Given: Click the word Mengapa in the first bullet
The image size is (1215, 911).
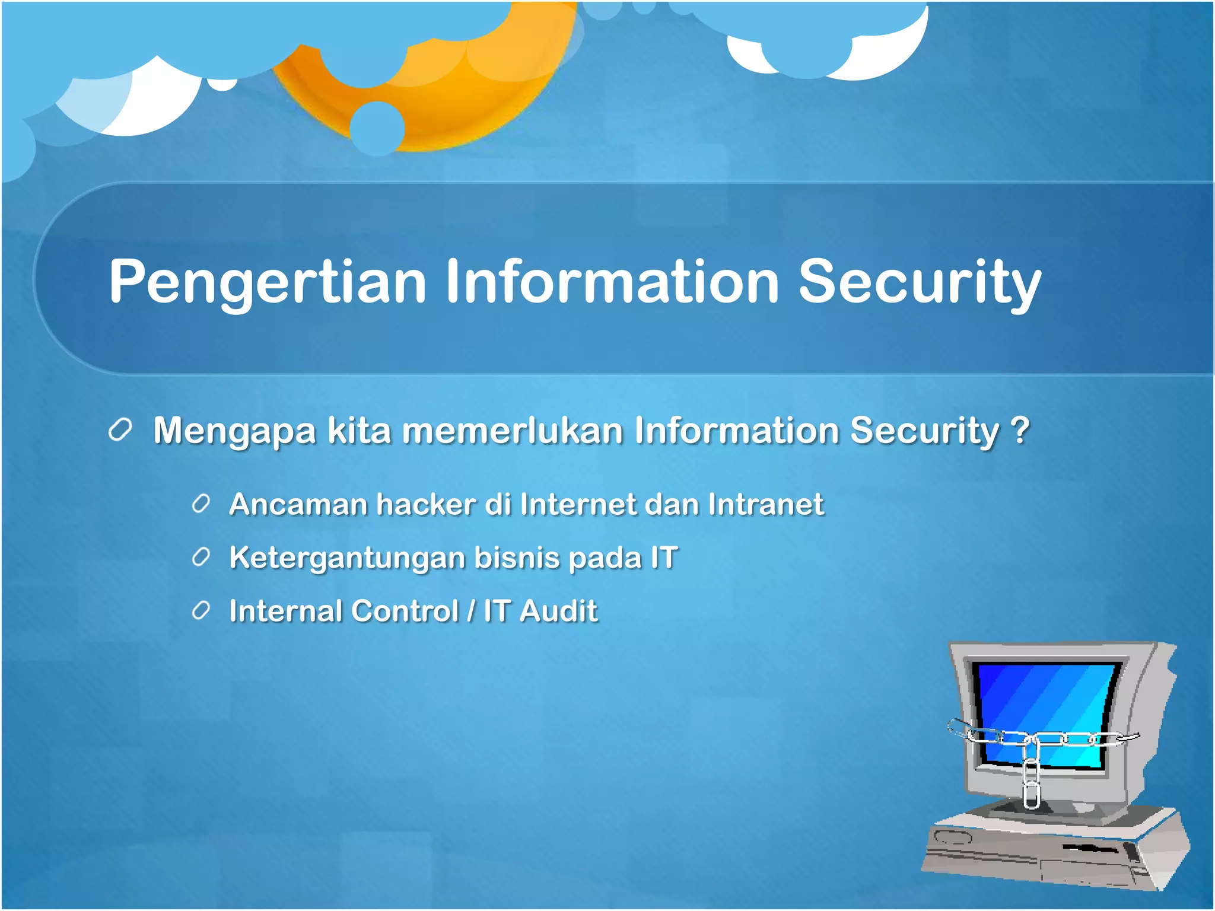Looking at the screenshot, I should click(234, 432).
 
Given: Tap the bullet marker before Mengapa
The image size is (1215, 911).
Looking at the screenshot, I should click(120, 430).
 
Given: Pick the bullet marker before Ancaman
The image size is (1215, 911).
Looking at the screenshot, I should click(201, 504).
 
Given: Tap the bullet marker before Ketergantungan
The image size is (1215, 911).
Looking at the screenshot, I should click(201, 558).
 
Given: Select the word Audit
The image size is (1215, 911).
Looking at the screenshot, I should click(558, 611).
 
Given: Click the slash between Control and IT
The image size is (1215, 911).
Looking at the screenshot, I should click(471, 611).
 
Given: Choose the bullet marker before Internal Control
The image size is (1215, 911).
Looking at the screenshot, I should click(201, 611).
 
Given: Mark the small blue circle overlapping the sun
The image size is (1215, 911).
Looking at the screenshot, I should click(377, 128).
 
